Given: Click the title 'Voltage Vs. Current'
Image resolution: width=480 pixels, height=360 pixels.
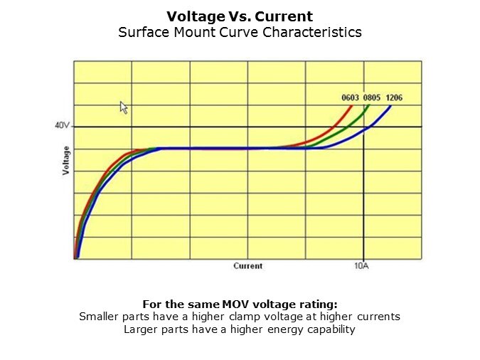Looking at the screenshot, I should click(240, 16).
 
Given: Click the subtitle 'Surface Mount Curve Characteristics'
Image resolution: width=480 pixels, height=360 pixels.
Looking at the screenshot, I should click(240, 33).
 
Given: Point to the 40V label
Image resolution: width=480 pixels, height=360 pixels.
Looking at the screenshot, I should click(63, 126).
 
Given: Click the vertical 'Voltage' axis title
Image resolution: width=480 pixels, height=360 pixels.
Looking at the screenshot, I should click(66, 161).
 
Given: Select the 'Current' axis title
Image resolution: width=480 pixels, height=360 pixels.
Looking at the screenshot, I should click(247, 266).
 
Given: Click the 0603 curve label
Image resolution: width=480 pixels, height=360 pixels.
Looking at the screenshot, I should click(351, 97).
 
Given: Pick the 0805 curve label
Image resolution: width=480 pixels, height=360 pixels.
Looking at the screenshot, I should click(372, 97).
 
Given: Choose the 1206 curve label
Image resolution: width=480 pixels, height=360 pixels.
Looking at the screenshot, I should click(394, 97).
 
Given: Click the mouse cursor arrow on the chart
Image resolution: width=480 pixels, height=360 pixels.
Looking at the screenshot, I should click(123, 107).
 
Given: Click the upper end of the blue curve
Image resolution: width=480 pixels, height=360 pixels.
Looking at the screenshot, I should click(390, 105).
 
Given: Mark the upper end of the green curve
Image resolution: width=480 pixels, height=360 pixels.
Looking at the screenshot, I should click(370, 105).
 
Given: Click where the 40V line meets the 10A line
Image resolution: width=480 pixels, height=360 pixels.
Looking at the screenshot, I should click(364, 127).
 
